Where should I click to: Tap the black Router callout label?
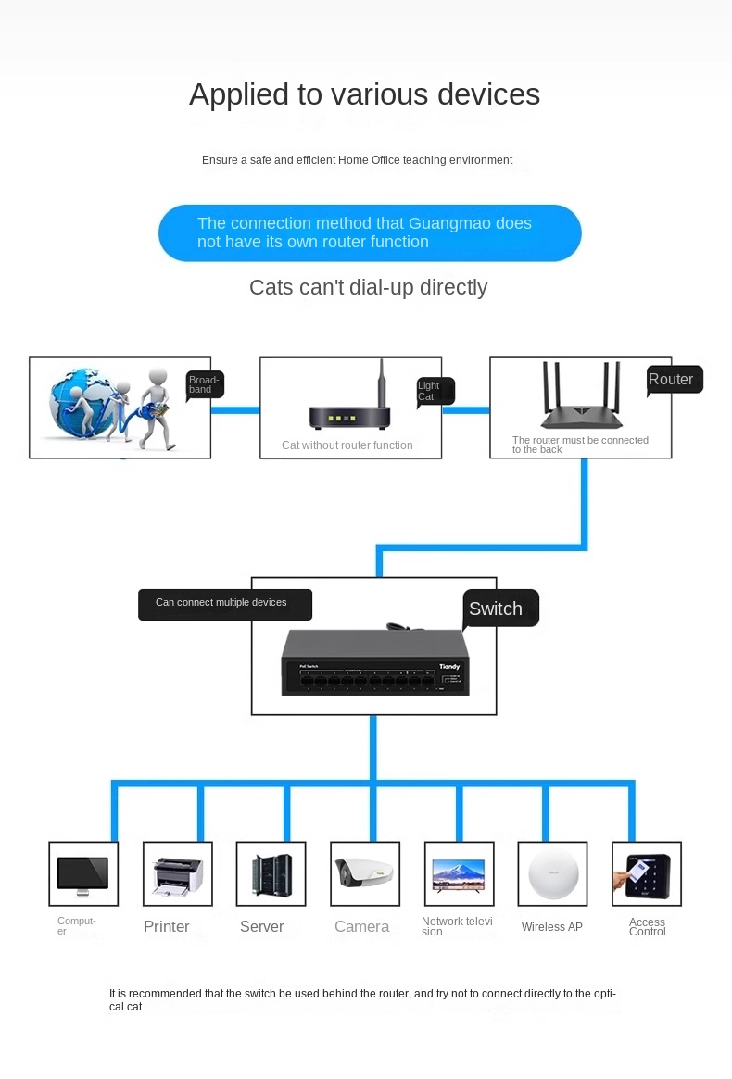(x=675, y=380)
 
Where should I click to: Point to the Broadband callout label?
(x=205, y=384)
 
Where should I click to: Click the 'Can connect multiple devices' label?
(x=224, y=604)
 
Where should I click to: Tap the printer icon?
(x=177, y=874)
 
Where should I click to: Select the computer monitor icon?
(x=82, y=874)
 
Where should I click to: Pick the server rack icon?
(x=271, y=874)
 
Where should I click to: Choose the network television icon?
(x=459, y=874)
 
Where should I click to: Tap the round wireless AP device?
(x=553, y=873)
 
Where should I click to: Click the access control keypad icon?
(x=647, y=874)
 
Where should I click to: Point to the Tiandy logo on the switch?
(x=448, y=666)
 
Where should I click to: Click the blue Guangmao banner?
(x=370, y=232)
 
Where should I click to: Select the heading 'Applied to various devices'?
(x=365, y=94)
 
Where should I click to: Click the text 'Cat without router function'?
(x=347, y=445)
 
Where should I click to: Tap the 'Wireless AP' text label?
(x=552, y=927)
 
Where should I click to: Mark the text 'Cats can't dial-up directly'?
(x=368, y=287)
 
